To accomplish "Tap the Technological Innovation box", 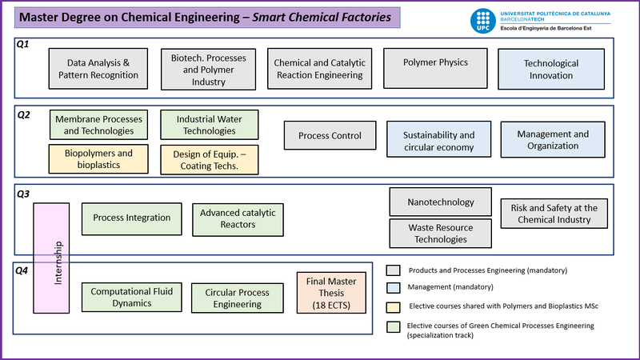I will [x=550, y=69].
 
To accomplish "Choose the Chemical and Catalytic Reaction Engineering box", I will [x=319, y=69].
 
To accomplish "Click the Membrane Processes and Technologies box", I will [x=99, y=125].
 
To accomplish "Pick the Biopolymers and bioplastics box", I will [x=99, y=159].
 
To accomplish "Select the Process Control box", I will [x=330, y=135].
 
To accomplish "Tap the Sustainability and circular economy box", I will [x=438, y=141].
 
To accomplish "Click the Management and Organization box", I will [x=553, y=140].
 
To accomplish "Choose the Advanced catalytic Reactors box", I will [x=238, y=218].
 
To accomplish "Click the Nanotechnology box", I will [x=440, y=202].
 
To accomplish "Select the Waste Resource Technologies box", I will [x=440, y=234].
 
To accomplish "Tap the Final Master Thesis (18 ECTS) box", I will [x=331, y=292].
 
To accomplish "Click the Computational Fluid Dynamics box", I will [x=132, y=297].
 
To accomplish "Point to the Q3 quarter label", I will [x=23, y=193].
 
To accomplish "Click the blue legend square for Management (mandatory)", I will [x=394, y=286].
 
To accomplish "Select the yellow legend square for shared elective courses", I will [x=394, y=306].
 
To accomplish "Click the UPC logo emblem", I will [x=484, y=21].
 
